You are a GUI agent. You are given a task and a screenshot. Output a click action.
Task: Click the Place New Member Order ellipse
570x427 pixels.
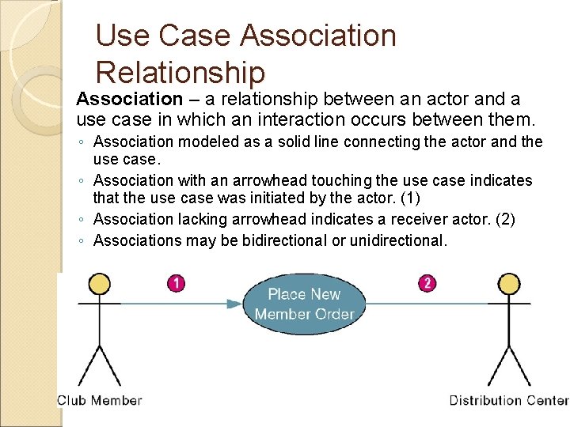point(304,304)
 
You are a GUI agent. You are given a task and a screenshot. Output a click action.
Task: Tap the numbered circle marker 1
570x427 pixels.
point(177,283)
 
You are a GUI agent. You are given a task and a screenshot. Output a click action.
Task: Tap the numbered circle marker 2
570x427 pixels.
point(427,283)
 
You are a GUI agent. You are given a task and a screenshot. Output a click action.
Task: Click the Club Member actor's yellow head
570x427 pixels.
point(99,283)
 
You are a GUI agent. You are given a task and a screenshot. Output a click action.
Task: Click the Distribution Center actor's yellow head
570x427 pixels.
point(508,283)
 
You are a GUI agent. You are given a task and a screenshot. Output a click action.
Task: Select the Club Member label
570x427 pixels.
point(99,400)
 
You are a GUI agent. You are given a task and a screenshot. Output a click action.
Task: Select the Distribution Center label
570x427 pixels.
point(509,400)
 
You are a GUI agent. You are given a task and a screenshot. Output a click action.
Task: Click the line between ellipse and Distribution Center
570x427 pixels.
point(427,304)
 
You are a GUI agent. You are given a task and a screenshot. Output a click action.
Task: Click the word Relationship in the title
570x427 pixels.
point(180,73)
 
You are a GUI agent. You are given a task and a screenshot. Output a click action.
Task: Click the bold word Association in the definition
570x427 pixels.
point(129,100)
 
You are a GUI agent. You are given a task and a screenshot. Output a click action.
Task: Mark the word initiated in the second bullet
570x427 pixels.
point(310,200)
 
